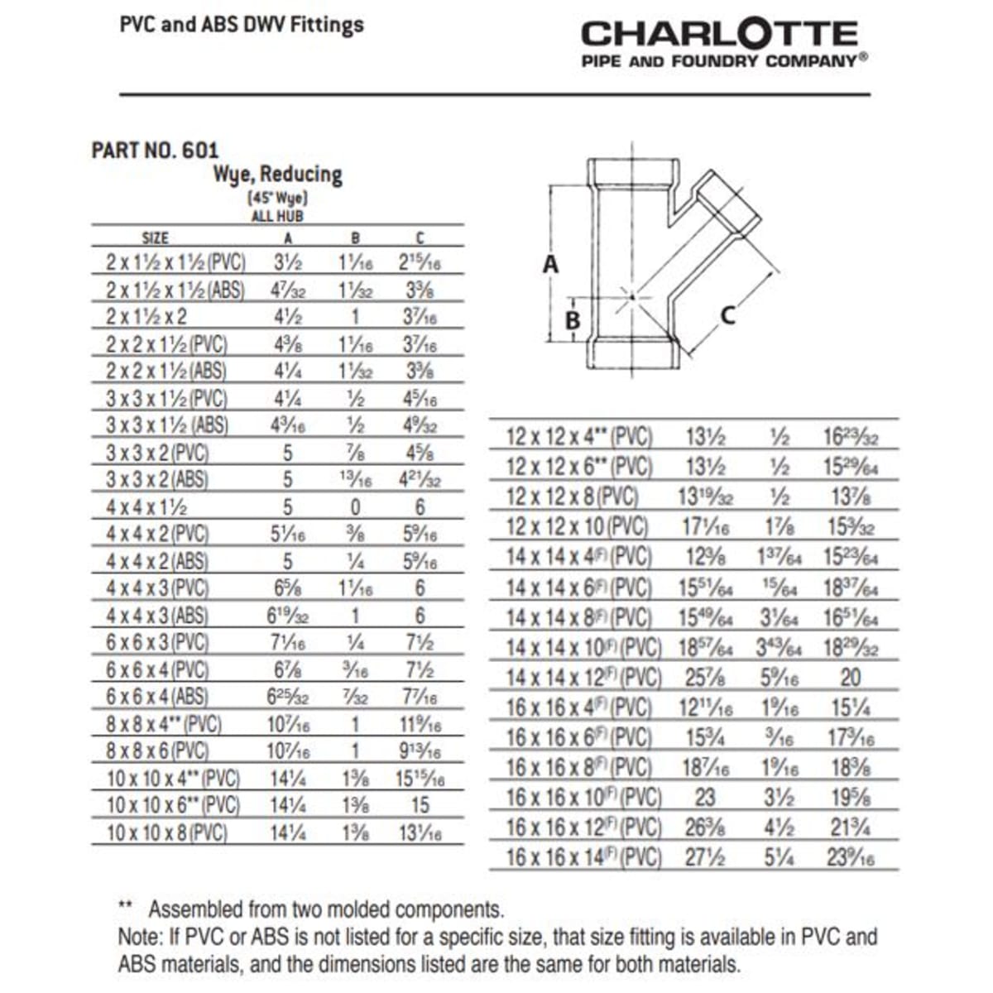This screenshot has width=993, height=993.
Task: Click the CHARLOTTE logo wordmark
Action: pyautogui.click(x=719, y=34)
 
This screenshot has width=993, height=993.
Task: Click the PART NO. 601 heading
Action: pyautogui.click(x=155, y=151)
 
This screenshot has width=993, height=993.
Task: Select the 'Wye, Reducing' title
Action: pyautogui.click(x=277, y=175)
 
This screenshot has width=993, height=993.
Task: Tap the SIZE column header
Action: pyautogui.click(x=155, y=238)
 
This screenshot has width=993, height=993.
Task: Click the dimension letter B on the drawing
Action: pyautogui.click(x=572, y=319)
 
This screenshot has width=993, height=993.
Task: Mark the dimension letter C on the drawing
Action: pyautogui.click(x=728, y=315)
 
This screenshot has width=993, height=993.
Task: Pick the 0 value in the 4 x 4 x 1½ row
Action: pyautogui.click(x=356, y=507)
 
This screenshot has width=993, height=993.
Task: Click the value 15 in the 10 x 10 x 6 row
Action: pyautogui.click(x=420, y=805)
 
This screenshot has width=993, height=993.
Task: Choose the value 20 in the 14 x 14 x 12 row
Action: pyautogui.click(x=850, y=678)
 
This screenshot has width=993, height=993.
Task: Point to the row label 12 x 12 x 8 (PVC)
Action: pyautogui.click(x=572, y=496)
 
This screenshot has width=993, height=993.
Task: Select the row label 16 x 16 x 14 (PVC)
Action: pyautogui.click(x=583, y=857)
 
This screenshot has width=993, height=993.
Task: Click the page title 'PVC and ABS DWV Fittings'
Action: pyautogui.click(x=242, y=25)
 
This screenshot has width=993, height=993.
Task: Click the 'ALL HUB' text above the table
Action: pyautogui.click(x=277, y=216)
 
